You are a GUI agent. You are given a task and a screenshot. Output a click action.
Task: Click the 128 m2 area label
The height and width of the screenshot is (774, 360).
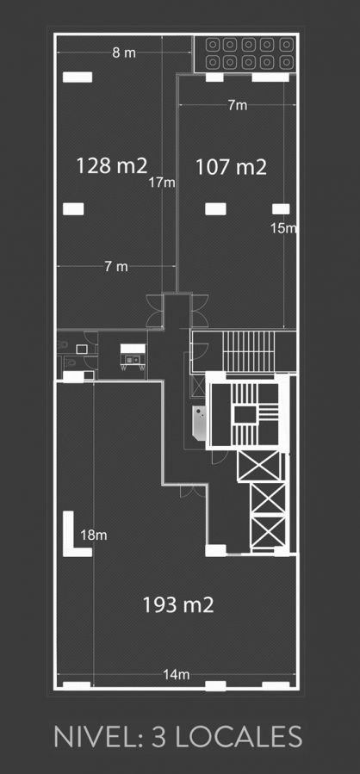[x=112, y=166]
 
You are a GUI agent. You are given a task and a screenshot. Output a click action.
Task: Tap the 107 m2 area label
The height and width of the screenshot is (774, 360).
[x=231, y=167]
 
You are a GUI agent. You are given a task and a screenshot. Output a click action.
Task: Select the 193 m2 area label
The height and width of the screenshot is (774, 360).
[x=178, y=604]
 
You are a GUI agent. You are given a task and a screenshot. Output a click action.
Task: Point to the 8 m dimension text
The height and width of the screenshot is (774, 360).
[x=123, y=53]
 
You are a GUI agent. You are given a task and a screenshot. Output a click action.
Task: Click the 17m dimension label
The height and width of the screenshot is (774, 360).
[x=163, y=183]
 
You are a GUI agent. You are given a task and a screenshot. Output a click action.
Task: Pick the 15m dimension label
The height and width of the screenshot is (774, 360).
[x=283, y=227]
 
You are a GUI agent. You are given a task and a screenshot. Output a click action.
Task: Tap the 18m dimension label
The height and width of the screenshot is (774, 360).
[x=94, y=536]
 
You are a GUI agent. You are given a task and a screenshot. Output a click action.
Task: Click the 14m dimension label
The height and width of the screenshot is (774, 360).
[x=177, y=675]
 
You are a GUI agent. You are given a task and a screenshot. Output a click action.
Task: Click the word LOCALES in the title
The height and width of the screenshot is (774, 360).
[x=239, y=737]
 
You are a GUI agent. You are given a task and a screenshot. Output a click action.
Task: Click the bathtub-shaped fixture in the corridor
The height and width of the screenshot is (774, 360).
[x=200, y=423]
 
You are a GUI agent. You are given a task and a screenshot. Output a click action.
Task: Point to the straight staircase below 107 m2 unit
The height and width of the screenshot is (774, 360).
[x=248, y=350]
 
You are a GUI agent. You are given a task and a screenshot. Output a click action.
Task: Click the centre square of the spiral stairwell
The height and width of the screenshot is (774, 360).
[x=245, y=415]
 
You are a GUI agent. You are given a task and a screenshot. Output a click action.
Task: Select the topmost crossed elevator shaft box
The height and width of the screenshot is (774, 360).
[x=258, y=466]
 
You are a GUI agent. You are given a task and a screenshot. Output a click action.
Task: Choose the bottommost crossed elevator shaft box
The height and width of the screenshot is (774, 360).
[x=268, y=530]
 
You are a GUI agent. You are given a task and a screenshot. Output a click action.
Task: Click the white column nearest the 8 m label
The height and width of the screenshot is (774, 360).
[x=78, y=77]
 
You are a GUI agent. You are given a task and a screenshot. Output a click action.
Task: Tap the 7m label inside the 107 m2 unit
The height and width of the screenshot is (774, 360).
[x=238, y=105]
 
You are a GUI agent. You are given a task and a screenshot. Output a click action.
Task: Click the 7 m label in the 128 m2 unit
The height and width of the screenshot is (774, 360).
[x=116, y=267]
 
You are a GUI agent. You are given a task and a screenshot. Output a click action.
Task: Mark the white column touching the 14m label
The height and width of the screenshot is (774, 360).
[x=215, y=685]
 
